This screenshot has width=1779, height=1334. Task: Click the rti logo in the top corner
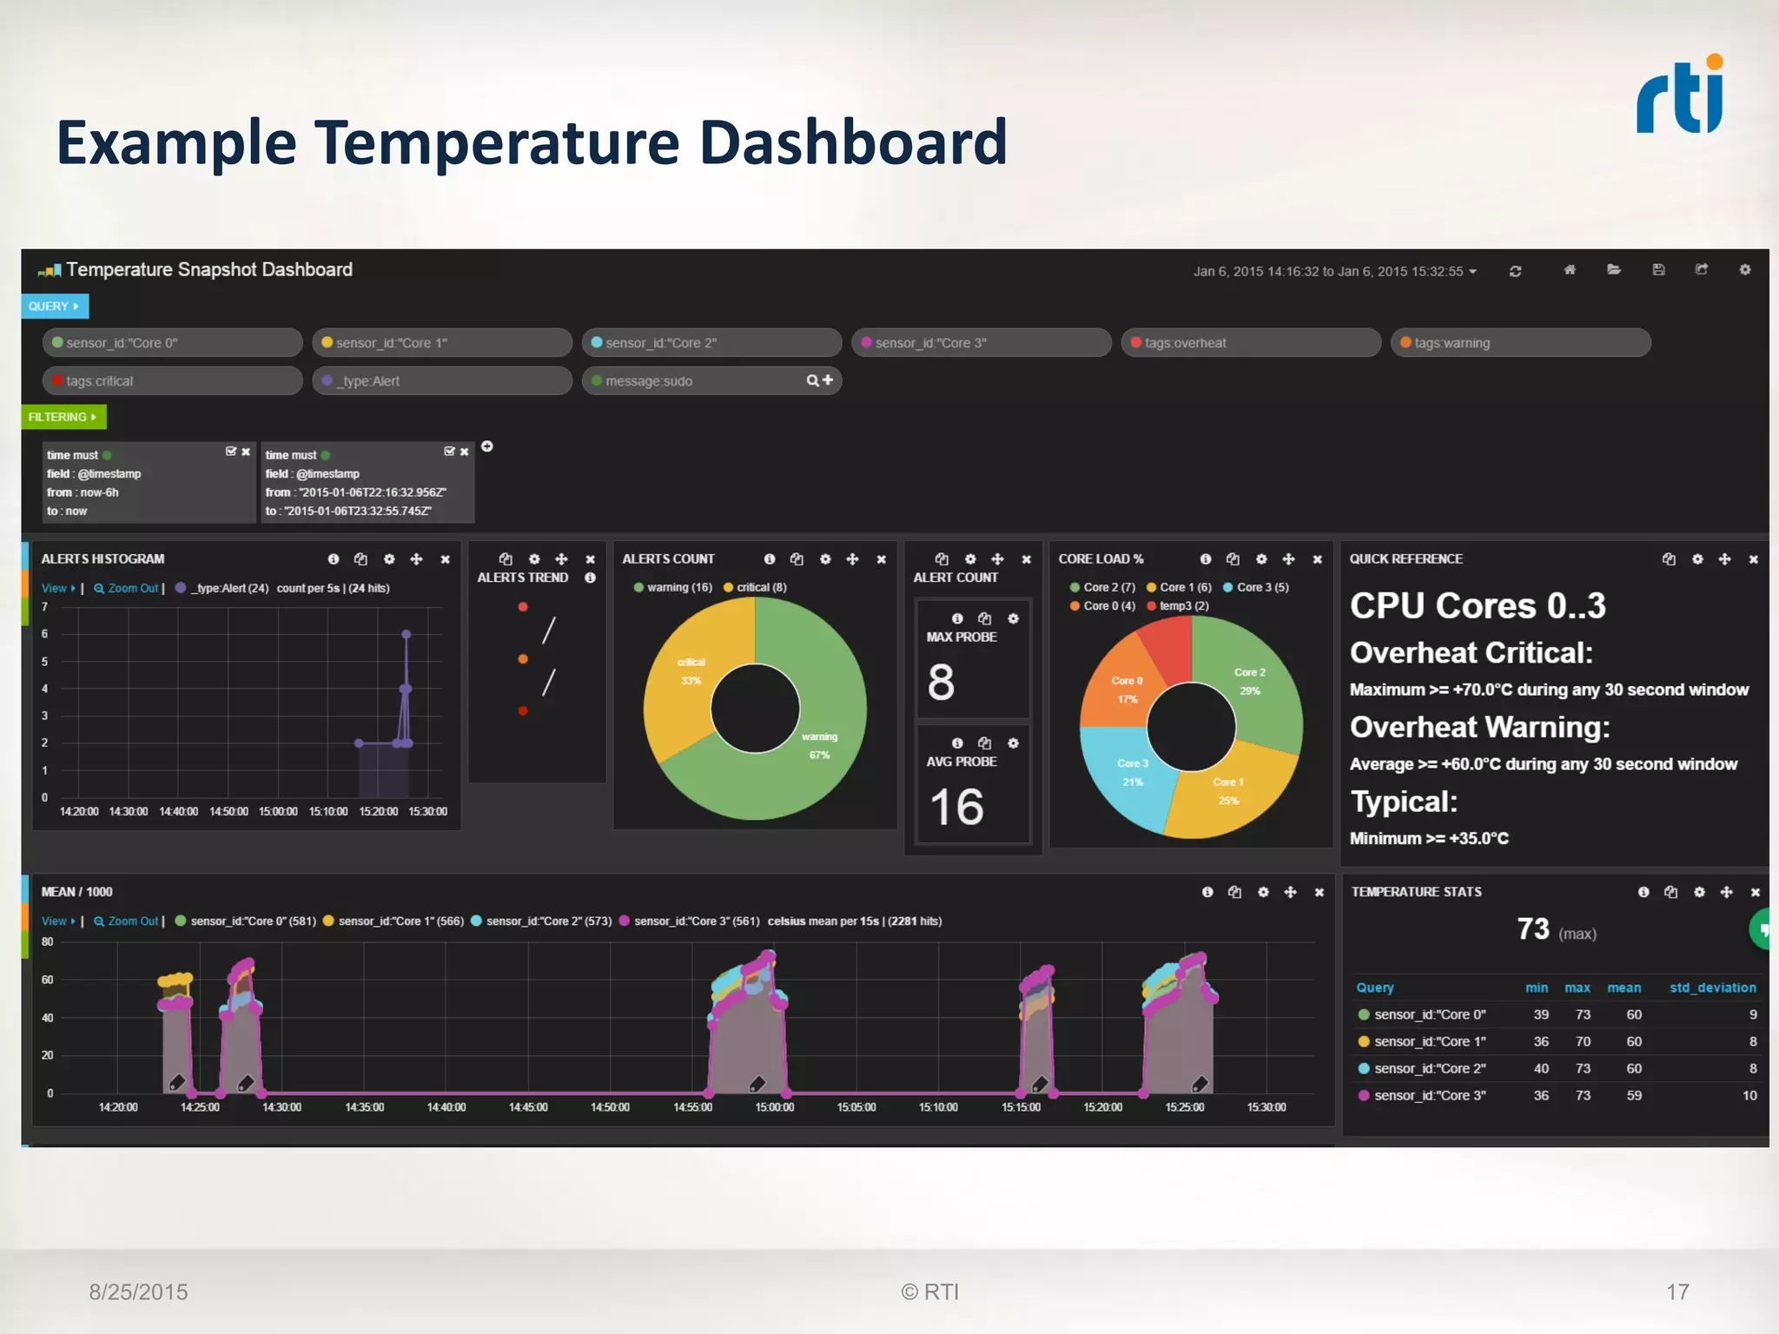coord(1679,96)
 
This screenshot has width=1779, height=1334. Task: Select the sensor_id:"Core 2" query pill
coord(711,343)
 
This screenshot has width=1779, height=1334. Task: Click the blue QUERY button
coord(54,307)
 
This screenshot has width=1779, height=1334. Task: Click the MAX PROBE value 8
coord(941,683)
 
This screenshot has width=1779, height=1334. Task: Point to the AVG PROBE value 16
coord(956,808)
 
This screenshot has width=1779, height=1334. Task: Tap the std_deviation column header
coord(1712,987)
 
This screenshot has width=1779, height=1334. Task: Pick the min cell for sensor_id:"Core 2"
coord(1541,1068)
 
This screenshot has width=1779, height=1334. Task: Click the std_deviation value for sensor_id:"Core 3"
coord(1749,1095)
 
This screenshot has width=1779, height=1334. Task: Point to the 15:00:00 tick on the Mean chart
coord(774,1107)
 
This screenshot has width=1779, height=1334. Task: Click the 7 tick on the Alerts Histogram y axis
coord(45,607)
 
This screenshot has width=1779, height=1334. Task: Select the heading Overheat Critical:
coord(1471,653)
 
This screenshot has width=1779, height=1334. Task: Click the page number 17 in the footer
coord(1677,1292)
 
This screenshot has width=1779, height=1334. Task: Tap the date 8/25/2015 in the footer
coord(138,1292)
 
